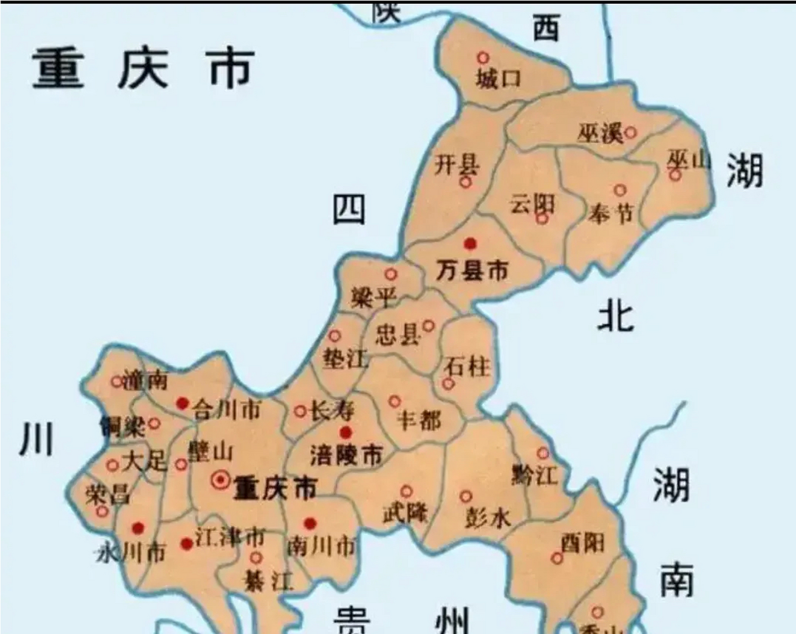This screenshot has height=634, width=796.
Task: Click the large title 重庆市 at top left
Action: pyautogui.click(x=144, y=69)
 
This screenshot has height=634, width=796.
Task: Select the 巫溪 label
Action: pyautogui.click(x=600, y=134)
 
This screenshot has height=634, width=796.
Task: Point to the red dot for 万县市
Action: pyautogui.click(x=470, y=244)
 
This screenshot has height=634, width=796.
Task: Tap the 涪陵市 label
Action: pyautogui.click(x=346, y=455)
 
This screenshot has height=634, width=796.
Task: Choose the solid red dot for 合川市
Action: pyautogui.click(x=183, y=404)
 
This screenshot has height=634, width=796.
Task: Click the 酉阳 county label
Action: pyautogui.click(x=583, y=543)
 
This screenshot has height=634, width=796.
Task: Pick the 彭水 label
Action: pyautogui.click(x=487, y=518)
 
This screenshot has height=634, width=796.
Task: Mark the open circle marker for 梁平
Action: pyautogui.click(x=391, y=274)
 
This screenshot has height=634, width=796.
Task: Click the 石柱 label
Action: pyautogui.click(x=467, y=367)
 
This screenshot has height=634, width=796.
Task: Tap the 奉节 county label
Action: pyautogui.click(x=611, y=214)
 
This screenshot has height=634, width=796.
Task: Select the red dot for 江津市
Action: pyautogui.click(x=187, y=544)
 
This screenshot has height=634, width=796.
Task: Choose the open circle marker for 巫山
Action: pyautogui.click(x=675, y=174)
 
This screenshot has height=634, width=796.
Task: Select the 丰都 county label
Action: pyautogui.click(x=419, y=422)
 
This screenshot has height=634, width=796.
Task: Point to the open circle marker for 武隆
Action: pyautogui.click(x=406, y=491)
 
